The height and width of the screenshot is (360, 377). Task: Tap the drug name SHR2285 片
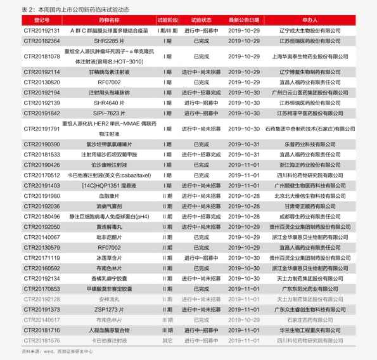[109, 41]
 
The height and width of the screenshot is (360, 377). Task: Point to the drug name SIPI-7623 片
[109, 113]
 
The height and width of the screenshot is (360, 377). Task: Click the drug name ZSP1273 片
[109, 309]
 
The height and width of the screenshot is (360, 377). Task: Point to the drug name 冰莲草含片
[109, 258]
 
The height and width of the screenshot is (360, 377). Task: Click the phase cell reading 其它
[167, 340]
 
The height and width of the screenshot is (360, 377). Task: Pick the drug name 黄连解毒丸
[109, 227]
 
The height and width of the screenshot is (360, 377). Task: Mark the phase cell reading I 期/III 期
[167, 30]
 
